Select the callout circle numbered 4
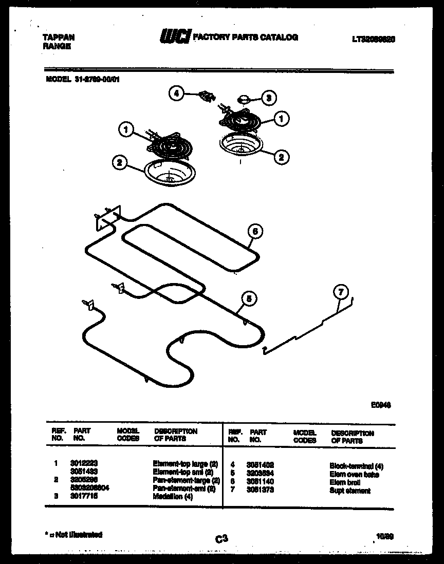(x=176, y=93)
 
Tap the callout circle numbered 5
(x=249, y=298)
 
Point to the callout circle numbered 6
(x=254, y=232)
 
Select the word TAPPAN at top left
(x=57, y=37)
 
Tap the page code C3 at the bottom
(x=221, y=538)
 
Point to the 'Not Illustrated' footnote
(x=74, y=535)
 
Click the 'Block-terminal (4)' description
(x=356, y=466)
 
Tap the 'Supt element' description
(x=349, y=491)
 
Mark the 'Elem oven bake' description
(x=354, y=474)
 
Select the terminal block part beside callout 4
(x=206, y=95)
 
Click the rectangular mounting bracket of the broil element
(x=107, y=216)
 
